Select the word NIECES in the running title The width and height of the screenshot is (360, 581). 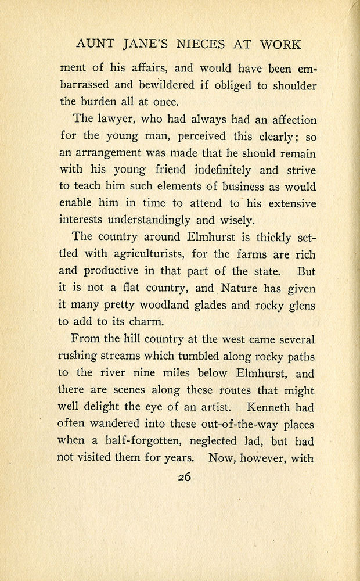click(203, 45)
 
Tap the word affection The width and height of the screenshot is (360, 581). click(289, 120)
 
